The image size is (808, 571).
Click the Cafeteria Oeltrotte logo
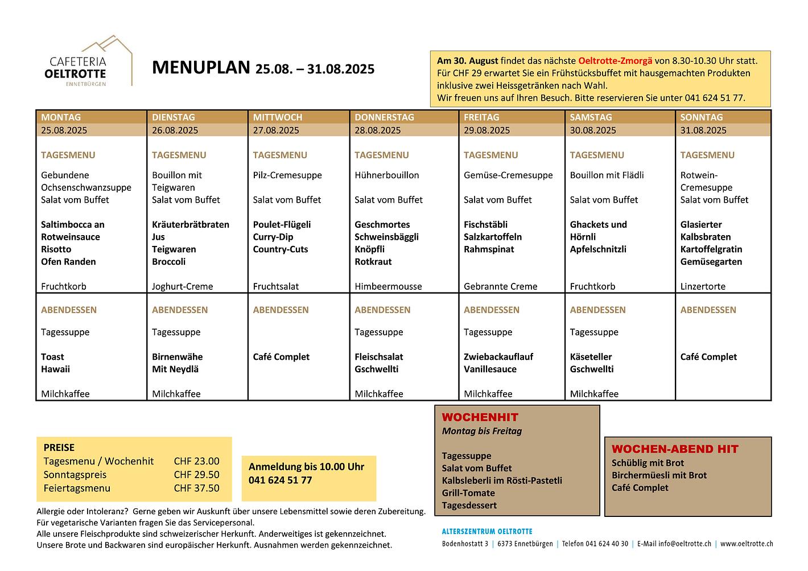tap(90, 63)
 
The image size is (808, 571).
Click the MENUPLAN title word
tap(200, 68)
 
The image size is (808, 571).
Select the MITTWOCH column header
tap(278, 117)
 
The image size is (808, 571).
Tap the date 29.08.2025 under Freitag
tap(487, 130)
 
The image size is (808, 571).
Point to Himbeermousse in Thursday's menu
tap(388, 286)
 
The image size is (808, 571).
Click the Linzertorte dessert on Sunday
tap(703, 286)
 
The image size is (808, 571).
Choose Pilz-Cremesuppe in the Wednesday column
tap(287, 175)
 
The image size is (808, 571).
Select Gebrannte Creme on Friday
tap(500, 286)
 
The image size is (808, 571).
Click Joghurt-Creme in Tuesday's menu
tap(182, 286)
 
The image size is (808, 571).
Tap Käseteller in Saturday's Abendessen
tap(591, 357)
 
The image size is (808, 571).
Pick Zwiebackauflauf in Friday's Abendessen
tap(498, 357)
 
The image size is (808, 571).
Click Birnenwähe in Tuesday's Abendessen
tap(177, 357)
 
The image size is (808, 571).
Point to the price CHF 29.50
tap(196, 475)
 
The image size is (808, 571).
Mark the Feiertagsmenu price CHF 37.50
tap(196, 488)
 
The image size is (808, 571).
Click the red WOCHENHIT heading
tap(480, 417)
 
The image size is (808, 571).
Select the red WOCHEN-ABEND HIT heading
tap(675, 449)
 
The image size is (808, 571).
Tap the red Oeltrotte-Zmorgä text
tap(615, 61)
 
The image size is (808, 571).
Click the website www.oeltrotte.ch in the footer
tap(747, 544)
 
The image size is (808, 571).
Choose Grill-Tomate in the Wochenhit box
tap(468, 493)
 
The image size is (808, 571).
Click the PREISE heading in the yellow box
tap(59, 447)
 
